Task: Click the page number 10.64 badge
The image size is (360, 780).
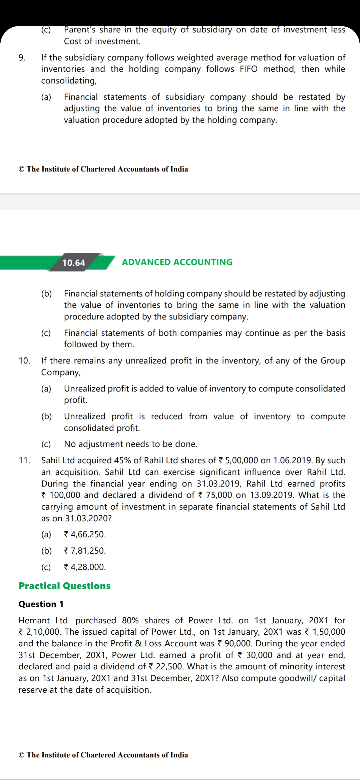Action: tap(74, 263)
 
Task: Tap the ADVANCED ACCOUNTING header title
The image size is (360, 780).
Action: tap(177, 262)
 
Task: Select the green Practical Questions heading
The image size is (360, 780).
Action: tap(64, 586)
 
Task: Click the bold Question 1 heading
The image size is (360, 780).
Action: tap(41, 604)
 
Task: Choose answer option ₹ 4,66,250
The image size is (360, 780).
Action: tap(85, 534)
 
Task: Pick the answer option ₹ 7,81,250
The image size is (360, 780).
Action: tap(85, 551)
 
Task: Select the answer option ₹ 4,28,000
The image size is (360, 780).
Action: tap(85, 567)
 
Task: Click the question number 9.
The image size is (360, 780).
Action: tap(22, 58)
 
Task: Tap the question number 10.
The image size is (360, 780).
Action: tap(24, 361)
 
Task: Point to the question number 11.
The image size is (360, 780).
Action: tap(24, 460)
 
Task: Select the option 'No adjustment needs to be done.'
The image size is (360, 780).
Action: tap(130, 444)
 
